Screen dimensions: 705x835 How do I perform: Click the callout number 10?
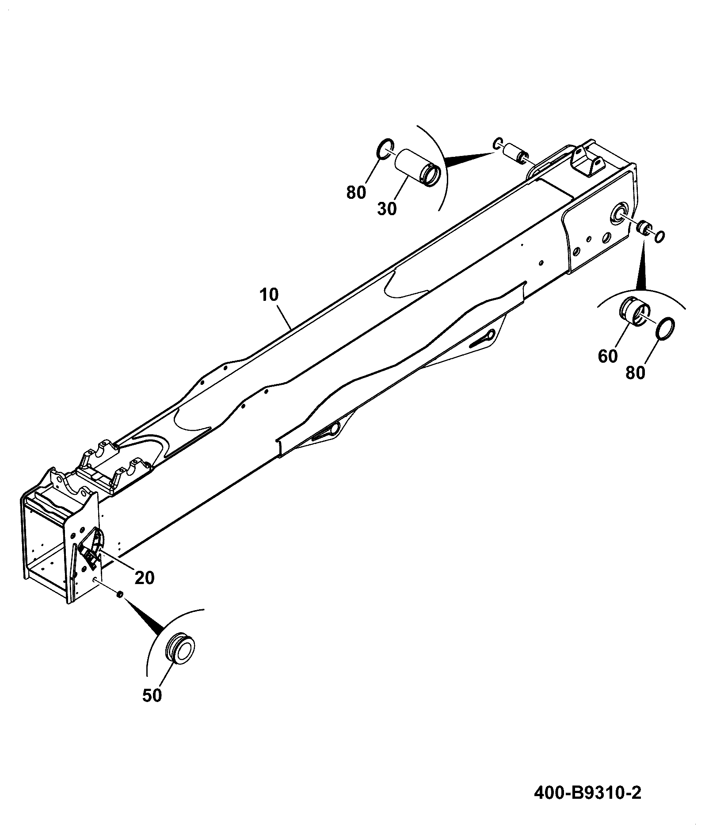pos(269,295)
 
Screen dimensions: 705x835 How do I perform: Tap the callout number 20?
pos(145,577)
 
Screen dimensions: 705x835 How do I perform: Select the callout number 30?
pos(387,209)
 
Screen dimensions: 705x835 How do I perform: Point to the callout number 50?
pos(152,695)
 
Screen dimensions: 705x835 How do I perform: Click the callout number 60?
pos(607,356)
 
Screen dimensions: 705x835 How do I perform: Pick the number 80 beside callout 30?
pos(356,193)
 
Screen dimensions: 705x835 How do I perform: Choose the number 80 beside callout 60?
pos(635,373)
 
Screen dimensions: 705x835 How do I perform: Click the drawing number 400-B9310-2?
pos(587,793)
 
